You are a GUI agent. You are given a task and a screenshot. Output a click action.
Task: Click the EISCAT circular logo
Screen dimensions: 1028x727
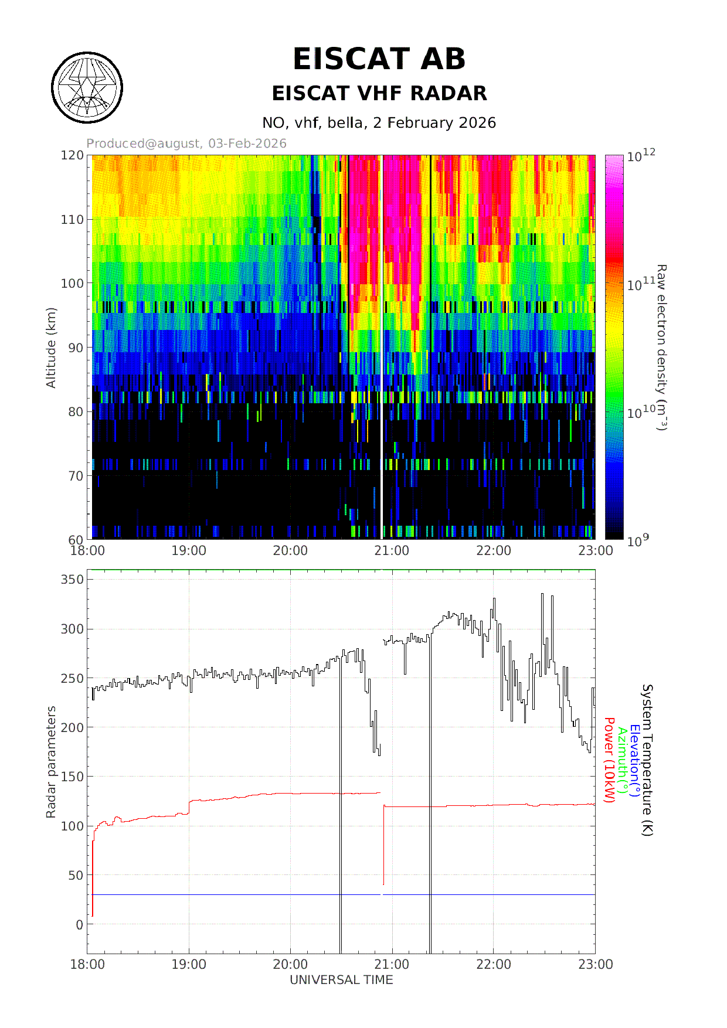[87, 88]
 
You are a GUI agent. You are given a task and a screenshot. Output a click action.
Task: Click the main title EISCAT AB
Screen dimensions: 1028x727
[379, 59]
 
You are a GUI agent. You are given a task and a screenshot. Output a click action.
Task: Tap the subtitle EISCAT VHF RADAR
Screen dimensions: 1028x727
[379, 93]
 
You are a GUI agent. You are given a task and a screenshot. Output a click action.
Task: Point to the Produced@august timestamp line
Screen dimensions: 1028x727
[186, 144]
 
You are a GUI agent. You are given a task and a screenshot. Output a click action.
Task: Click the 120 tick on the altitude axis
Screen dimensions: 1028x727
[72, 155]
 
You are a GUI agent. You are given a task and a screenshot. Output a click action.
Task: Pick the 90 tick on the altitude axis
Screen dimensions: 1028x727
[76, 348]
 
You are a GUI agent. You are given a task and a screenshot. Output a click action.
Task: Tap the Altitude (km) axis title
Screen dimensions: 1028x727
[51, 348]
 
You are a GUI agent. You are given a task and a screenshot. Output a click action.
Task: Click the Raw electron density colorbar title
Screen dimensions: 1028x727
[661, 348]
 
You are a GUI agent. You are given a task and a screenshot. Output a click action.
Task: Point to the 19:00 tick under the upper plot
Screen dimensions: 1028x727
[189, 551]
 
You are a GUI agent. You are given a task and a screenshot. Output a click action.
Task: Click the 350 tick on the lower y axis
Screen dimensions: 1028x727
[72, 580]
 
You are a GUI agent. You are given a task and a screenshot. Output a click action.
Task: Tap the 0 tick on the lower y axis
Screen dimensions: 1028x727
[80, 925]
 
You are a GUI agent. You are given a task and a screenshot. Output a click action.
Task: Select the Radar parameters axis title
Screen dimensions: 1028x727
[51, 762]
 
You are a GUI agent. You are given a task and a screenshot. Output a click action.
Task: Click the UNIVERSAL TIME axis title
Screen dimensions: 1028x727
[341, 980]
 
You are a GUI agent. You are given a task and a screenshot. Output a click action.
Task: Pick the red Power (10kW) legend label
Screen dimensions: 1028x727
[609, 760]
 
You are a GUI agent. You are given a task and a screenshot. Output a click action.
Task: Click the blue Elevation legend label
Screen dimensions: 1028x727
[634, 760]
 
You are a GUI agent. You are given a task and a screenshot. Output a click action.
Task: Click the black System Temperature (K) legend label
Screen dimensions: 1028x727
[647, 760]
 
